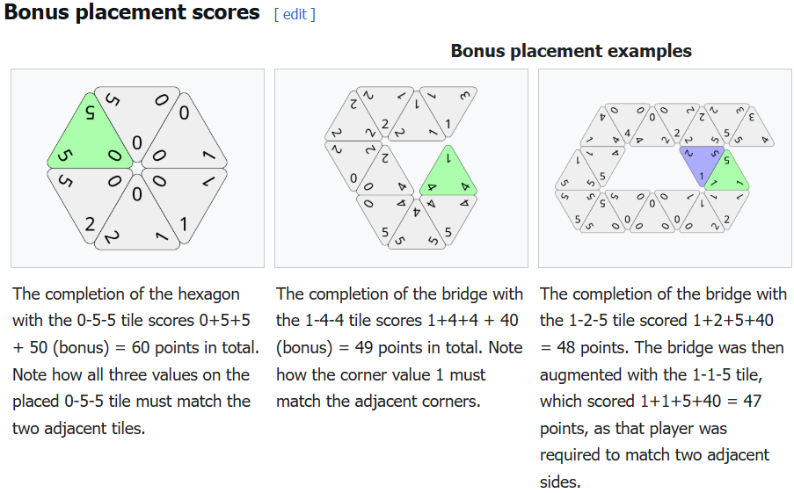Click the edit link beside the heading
coord(295,14)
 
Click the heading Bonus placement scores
coord(132,12)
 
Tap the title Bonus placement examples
coord(571,51)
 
